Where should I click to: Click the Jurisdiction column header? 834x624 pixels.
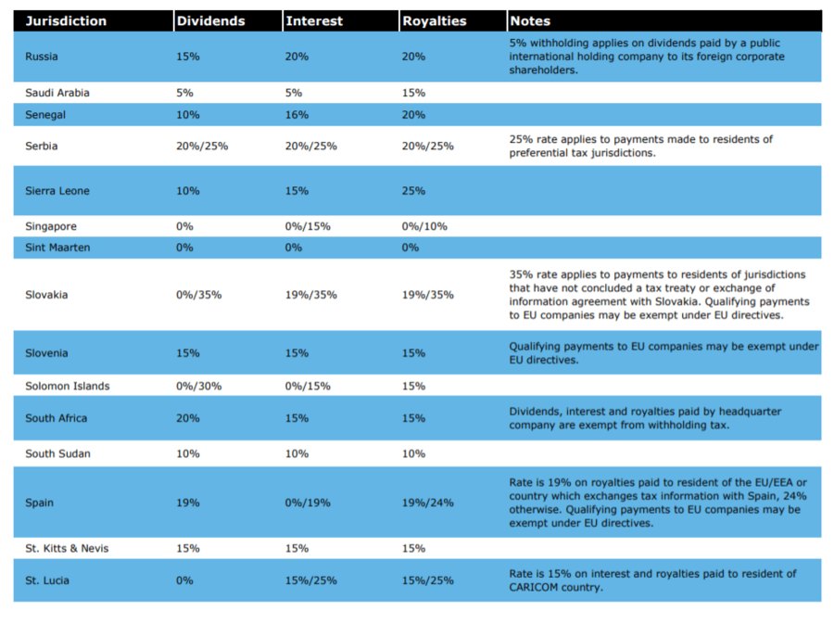point(66,21)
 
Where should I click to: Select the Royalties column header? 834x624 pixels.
point(434,21)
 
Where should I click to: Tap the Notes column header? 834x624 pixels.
point(530,21)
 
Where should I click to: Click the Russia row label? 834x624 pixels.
point(42,57)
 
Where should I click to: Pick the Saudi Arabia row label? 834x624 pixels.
point(57,93)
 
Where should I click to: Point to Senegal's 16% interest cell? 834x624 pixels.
point(297,115)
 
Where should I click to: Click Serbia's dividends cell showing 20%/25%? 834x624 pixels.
point(202,146)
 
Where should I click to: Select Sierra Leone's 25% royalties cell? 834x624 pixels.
point(413,191)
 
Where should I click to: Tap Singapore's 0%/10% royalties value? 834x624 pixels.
point(424,226)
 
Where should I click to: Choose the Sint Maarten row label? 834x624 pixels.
point(57,248)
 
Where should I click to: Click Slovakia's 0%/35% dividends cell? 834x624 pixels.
point(199,295)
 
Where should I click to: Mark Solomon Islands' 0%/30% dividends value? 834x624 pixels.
point(199,387)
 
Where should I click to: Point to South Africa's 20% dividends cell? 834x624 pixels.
point(188,419)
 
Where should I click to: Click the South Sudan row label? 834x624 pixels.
point(58,453)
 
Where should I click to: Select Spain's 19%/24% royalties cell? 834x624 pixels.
point(427,503)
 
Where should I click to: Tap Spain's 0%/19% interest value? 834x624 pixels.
point(308,503)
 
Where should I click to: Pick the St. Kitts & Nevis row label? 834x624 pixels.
point(67,549)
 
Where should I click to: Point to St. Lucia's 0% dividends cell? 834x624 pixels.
point(184,581)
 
